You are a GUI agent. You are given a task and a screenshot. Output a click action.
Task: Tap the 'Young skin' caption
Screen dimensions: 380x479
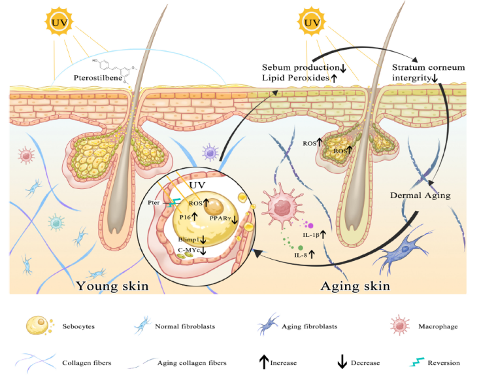(112, 286)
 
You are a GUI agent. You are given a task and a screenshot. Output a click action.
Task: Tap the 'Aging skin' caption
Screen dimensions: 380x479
(355, 286)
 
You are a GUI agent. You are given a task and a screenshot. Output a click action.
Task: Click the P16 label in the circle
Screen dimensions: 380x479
(186, 216)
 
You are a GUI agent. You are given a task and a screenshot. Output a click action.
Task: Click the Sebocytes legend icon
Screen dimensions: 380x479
(39, 324)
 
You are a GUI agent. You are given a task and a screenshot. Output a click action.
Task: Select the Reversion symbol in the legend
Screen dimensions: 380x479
(414, 362)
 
